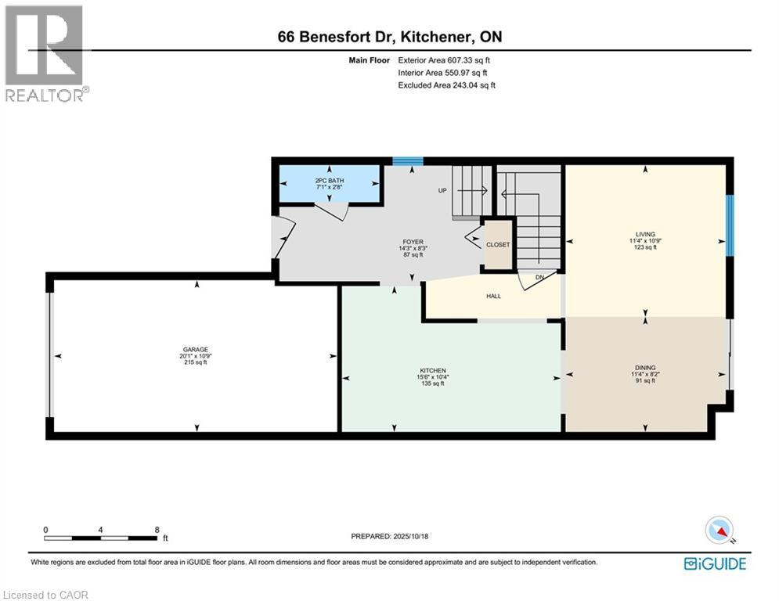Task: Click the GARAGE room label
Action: coord(196,350)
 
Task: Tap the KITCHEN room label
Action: coord(432,370)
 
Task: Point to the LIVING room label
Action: coord(645,234)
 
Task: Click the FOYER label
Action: coord(410,243)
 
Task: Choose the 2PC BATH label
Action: coord(329,181)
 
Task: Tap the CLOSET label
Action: coord(498,245)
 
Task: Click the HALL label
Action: coord(493,296)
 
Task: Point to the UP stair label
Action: coord(442,190)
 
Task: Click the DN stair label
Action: coord(539,277)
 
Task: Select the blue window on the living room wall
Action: coord(730,225)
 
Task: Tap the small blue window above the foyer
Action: coord(407,162)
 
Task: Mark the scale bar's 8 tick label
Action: coord(157,530)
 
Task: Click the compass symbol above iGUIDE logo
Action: coord(718,531)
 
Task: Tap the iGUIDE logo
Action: coord(715,563)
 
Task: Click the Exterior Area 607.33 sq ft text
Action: coord(444,60)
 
